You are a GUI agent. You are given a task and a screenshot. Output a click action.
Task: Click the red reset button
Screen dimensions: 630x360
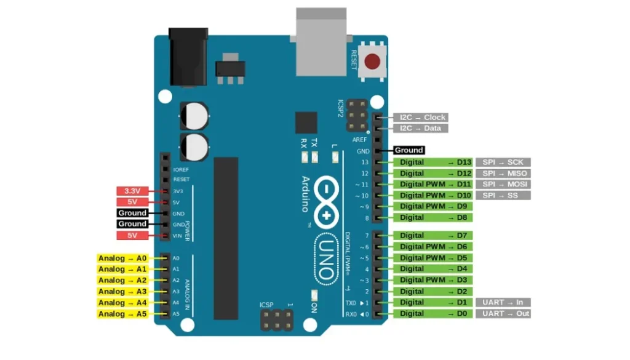[372, 62]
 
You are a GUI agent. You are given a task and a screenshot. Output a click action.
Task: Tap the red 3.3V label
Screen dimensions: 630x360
[132, 191]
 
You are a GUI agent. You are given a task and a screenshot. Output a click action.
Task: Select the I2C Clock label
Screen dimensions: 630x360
[421, 118]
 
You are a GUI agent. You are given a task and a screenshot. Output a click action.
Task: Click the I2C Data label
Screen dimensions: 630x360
[421, 128]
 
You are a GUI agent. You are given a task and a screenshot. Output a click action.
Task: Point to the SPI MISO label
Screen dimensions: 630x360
[503, 173]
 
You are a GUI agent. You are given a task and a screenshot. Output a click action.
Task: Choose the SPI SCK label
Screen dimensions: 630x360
[503, 162]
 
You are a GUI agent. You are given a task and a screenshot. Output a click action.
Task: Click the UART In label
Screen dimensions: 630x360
[503, 302]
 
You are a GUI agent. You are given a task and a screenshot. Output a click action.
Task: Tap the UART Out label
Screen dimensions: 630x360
[503, 313]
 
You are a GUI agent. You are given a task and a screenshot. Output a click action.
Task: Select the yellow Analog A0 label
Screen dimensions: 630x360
[122, 258]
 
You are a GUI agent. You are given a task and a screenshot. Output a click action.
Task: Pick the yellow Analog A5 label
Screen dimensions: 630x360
[122, 314]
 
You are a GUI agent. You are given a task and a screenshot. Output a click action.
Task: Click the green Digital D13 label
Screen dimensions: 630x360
[433, 162]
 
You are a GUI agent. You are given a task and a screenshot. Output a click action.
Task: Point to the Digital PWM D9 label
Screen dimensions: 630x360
[433, 206]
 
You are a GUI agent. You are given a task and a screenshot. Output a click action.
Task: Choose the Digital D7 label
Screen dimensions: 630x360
[433, 236]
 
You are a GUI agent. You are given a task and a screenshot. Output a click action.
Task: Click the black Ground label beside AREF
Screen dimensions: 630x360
[409, 150]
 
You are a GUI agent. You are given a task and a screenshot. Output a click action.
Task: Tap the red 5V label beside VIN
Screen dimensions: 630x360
[132, 236]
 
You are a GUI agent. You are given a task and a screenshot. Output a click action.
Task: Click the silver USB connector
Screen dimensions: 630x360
[321, 42]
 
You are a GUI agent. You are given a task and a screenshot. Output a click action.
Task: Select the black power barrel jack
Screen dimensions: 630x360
[188, 57]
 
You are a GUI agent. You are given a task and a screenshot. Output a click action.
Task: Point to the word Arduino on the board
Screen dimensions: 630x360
[305, 194]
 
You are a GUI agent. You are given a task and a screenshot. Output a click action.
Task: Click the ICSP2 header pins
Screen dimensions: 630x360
[357, 116]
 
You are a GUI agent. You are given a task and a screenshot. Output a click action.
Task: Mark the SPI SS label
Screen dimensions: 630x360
[503, 195]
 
